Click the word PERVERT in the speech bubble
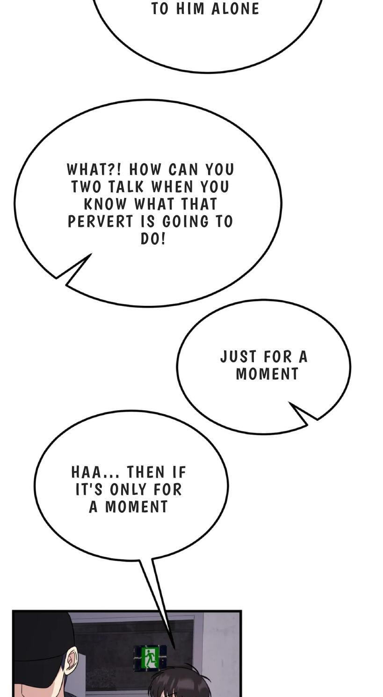click(101, 222)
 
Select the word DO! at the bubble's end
click(152, 239)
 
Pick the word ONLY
click(128, 489)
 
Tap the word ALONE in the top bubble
click(235, 9)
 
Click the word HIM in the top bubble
click(190, 9)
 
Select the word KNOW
click(106, 204)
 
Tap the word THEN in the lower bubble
click(146, 472)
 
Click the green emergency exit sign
click(150, 657)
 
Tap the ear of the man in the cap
click(72, 660)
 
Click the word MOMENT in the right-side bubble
click(267, 374)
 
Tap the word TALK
click(126, 187)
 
